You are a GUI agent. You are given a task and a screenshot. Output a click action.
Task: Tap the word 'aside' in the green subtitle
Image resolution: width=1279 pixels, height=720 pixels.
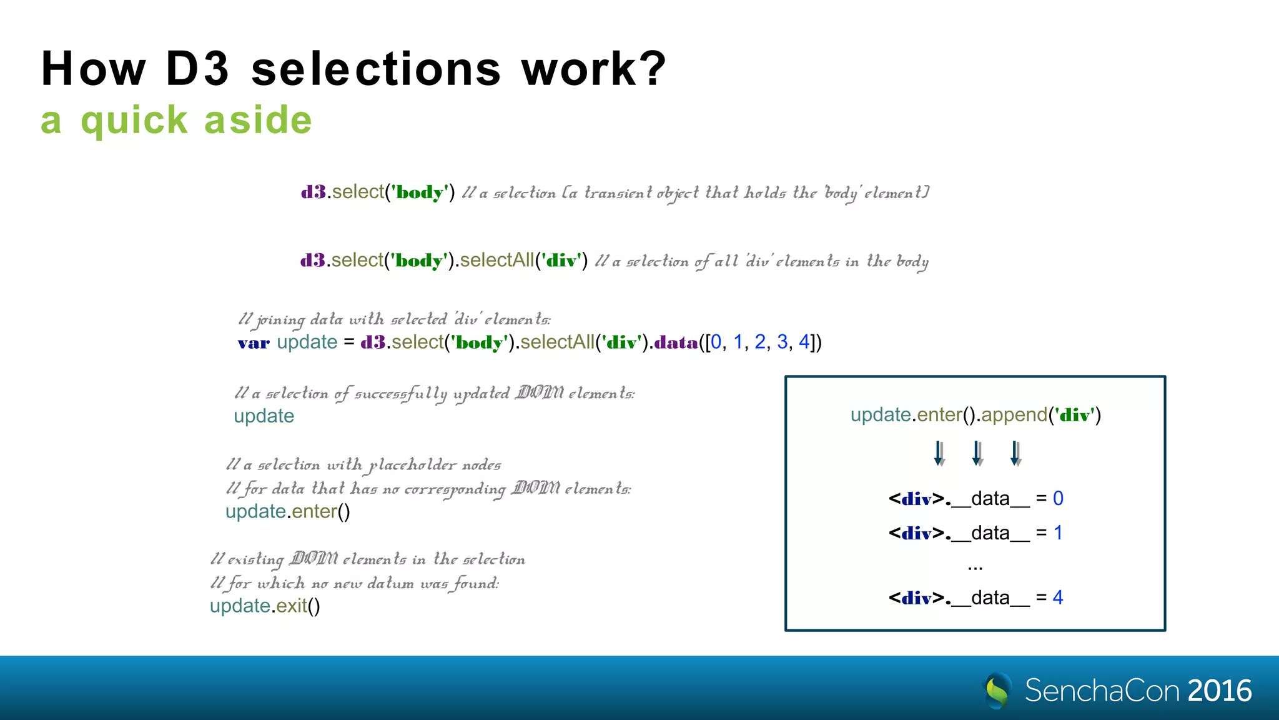pyautogui.click(x=258, y=120)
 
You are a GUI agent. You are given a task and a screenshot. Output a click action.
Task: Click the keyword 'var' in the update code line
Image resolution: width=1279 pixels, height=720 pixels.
pyautogui.click(x=254, y=342)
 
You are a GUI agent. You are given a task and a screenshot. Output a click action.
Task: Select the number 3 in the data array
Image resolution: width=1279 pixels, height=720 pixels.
pyautogui.click(x=782, y=342)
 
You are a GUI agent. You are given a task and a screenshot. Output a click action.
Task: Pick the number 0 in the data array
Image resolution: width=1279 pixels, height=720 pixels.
pyautogui.click(x=716, y=342)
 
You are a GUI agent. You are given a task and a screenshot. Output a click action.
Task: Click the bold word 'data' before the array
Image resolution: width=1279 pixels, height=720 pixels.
pyautogui.click(x=676, y=342)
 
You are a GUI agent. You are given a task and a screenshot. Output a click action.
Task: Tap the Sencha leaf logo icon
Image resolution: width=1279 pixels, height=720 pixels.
pyautogui.click(x=997, y=690)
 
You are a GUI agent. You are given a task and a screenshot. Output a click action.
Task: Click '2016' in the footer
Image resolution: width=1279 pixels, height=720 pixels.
pyautogui.click(x=1220, y=691)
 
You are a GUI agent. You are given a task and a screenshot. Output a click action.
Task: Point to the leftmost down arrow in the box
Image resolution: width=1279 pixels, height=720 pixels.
pyautogui.click(x=939, y=453)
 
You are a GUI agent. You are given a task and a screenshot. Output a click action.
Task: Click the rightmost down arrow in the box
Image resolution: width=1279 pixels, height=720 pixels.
pyautogui.click(x=1016, y=453)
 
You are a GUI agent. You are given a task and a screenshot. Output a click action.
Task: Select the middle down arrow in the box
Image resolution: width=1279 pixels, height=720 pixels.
pyautogui.click(x=978, y=453)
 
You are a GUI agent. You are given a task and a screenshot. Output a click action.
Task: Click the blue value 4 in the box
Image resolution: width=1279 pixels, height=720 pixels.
pyautogui.click(x=1058, y=597)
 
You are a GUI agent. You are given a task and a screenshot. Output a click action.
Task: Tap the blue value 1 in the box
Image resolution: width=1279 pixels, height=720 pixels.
pyautogui.click(x=1058, y=532)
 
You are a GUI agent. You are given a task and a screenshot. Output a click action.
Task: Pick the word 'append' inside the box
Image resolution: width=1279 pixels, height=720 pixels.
pyautogui.click(x=1014, y=414)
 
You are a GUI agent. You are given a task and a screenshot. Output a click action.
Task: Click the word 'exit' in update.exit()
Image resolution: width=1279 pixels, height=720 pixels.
pyautogui.click(x=292, y=606)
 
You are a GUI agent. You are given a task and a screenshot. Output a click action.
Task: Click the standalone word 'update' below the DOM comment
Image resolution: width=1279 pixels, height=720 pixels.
pyautogui.click(x=264, y=416)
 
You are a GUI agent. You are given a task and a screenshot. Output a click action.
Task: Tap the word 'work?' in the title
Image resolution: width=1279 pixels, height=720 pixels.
pyautogui.click(x=594, y=69)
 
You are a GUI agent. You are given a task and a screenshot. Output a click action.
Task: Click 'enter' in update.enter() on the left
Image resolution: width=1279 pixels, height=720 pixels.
pyautogui.click(x=314, y=511)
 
